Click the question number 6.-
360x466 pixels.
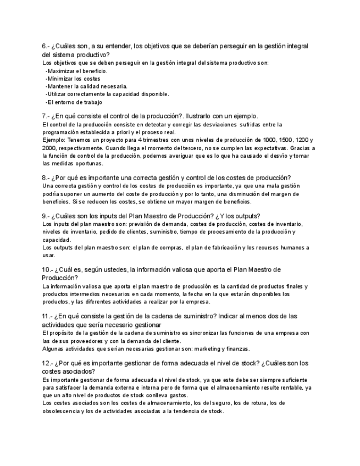46,46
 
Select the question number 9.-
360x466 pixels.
46,216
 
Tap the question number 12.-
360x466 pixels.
48,363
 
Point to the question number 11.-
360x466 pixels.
48,317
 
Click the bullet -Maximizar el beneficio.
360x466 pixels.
76,71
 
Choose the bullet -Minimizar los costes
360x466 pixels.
73,79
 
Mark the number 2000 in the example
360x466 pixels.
49,148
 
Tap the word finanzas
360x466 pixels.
237,348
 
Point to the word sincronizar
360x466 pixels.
211,333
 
